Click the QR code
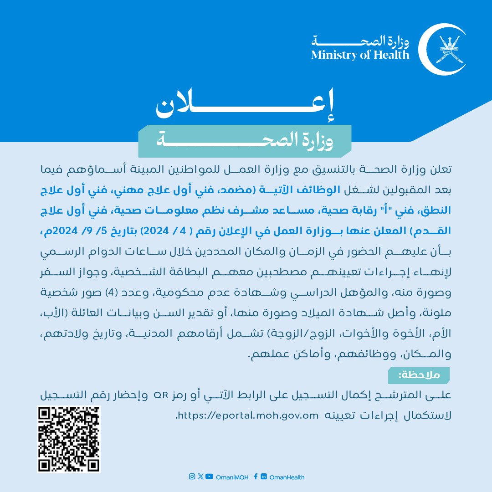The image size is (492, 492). pyautogui.click(x=68, y=439)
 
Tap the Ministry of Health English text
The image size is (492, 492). pyautogui.click(x=360, y=55)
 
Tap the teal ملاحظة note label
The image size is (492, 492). pyautogui.click(x=419, y=375)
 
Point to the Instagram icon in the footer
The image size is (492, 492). pyautogui.click(x=192, y=477)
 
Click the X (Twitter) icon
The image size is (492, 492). pyautogui.click(x=200, y=477)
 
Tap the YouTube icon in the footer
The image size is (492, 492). pyautogui.click(x=209, y=477)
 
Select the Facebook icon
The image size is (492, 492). pyautogui.click(x=256, y=477)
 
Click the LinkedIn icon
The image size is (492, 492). pyautogui.click(x=264, y=477)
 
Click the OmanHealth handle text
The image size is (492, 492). pyautogui.click(x=287, y=477)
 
